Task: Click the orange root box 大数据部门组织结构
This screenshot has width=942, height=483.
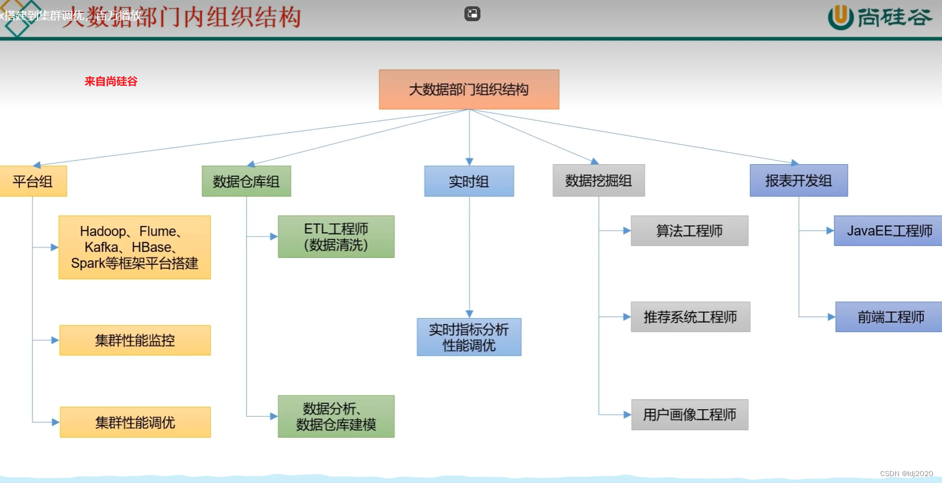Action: (x=469, y=89)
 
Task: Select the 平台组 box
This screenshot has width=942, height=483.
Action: (x=33, y=181)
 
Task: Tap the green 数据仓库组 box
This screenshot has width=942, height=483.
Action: (x=247, y=181)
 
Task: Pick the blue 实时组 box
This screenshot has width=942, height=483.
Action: (x=469, y=181)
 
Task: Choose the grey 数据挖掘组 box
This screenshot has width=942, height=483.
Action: (x=598, y=181)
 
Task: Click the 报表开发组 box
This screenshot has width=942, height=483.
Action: (x=798, y=181)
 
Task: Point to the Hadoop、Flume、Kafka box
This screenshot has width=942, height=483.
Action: (x=134, y=247)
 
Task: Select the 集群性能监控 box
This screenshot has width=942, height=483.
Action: (x=135, y=341)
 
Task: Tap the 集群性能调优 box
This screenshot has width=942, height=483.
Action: (x=135, y=422)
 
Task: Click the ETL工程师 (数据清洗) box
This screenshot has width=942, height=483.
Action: (x=336, y=236)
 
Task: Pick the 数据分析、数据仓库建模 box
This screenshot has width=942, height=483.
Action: (x=336, y=417)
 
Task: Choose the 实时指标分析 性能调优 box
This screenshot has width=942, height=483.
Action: (x=469, y=337)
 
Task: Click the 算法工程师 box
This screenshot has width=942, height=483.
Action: (x=689, y=231)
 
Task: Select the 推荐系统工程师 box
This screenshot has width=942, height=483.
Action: (x=690, y=317)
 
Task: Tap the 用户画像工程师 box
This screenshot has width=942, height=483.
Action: (x=690, y=415)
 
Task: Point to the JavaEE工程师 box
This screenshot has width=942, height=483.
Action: (x=888, y=231)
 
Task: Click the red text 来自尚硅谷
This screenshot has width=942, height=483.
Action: (x=111, y=81)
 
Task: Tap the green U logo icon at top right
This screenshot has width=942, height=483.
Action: (x=840, y=17)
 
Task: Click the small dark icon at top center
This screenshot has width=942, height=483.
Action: (x=472, y=14)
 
